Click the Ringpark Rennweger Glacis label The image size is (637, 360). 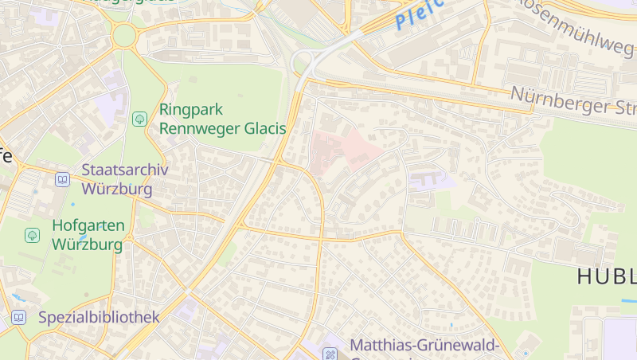point(222,118)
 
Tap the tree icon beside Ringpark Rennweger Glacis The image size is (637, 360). point(139,119)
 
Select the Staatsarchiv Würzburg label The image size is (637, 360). point(119,180)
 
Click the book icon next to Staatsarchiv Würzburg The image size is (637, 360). point(62,180)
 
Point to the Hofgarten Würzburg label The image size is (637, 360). point(88,235)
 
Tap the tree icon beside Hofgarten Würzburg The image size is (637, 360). point(32,235)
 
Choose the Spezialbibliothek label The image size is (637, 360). point(99,317)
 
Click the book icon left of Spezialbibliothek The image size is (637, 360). point(18,318)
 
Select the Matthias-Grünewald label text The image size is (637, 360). point(424,346)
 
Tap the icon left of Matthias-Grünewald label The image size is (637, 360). point(330,353)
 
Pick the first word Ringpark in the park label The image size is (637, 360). point(191,109)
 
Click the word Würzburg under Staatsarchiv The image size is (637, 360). point(118,190)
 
